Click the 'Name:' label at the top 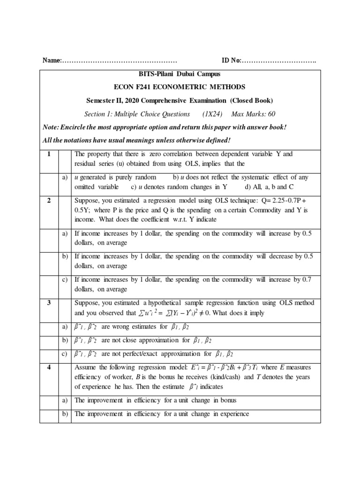tap(52, 61)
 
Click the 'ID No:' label tap(231, 61)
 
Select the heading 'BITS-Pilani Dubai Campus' tap(180, 74)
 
